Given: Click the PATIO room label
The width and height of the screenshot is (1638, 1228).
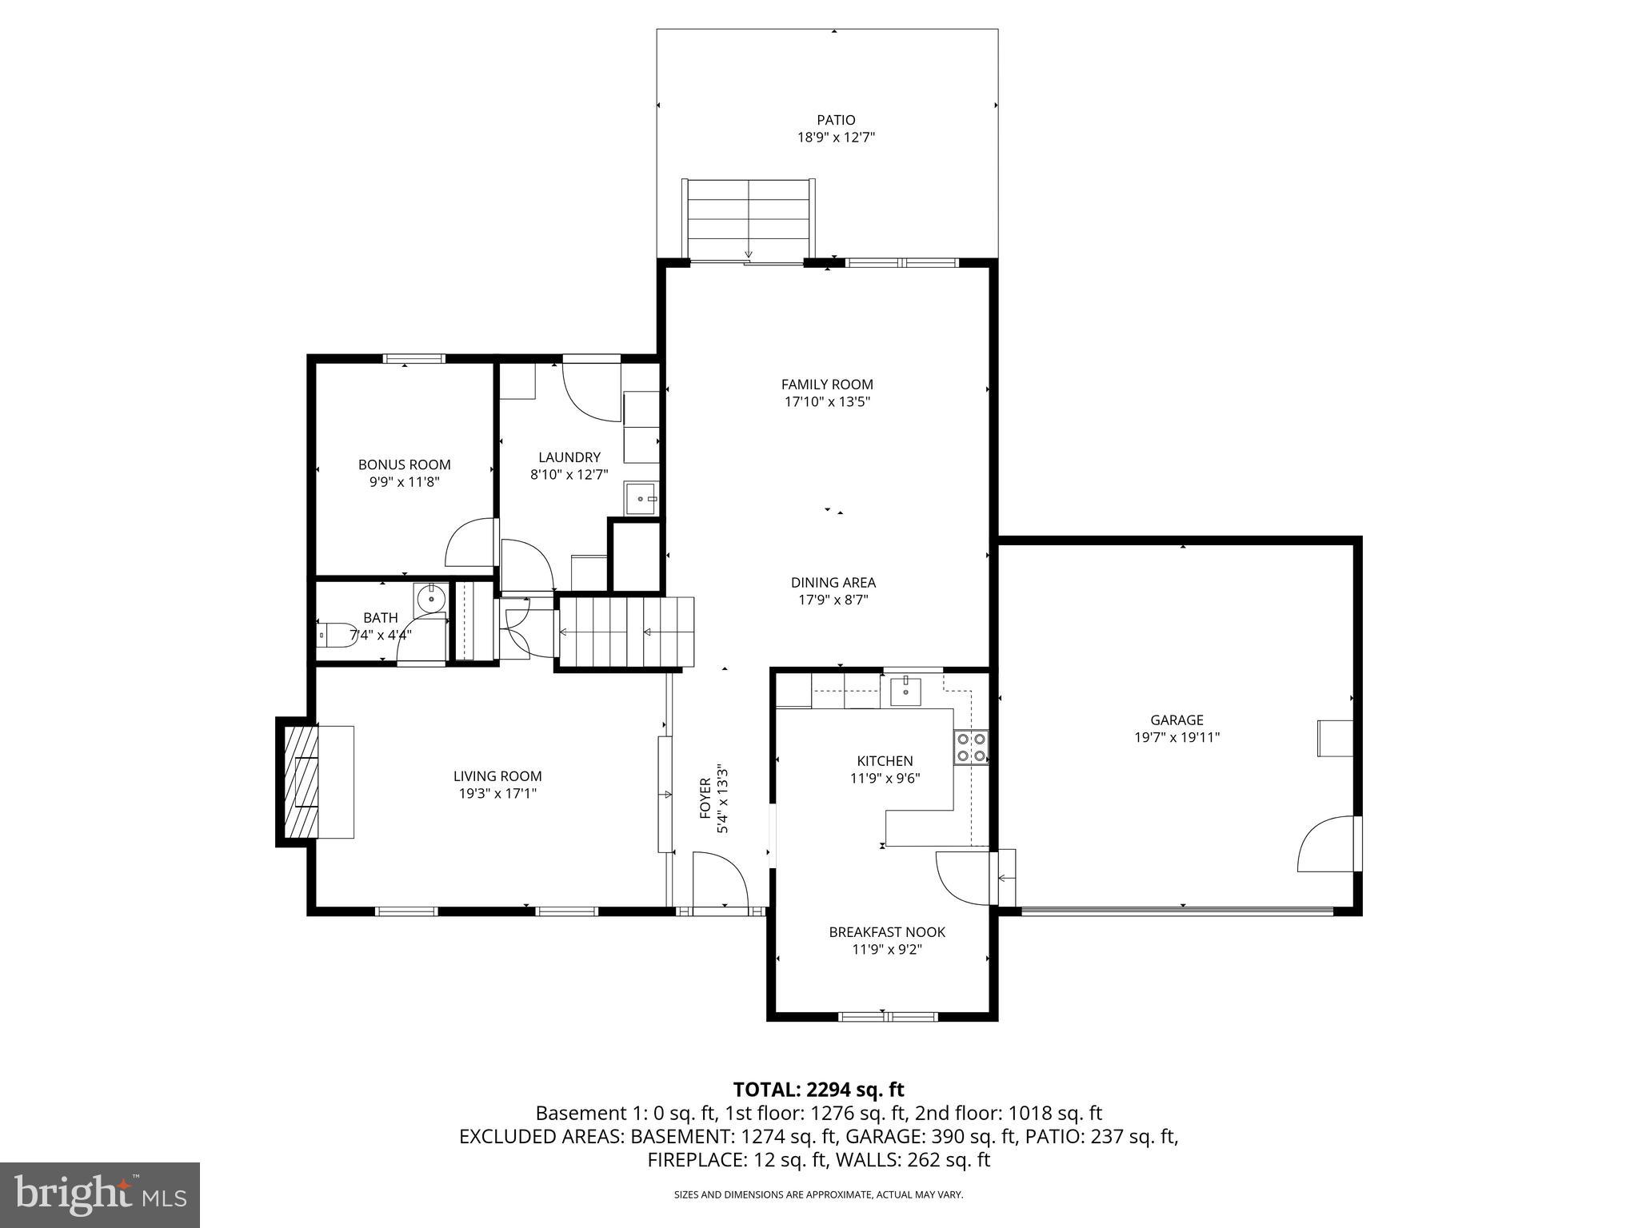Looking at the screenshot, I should coord(836,120).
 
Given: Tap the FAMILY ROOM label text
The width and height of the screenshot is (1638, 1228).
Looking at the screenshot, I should coord(827,385).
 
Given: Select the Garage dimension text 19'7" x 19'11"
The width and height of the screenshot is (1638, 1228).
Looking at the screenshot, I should coord(1177,737).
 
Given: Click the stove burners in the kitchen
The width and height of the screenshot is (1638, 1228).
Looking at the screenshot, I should coord(970,747).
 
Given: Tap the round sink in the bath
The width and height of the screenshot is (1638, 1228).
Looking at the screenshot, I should coord(430,597).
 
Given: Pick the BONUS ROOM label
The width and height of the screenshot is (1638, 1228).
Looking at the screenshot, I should coord(404,464).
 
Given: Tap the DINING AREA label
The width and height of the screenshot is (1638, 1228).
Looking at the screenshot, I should coord(833,583).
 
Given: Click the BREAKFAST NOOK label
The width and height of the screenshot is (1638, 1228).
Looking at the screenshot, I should coord(887,932).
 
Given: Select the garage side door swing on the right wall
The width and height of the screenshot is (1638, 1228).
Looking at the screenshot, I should coord(1327,844).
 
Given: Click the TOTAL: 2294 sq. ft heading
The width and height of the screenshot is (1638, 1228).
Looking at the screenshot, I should coord(818,1089).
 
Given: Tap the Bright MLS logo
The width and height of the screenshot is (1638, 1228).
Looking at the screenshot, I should coord(100,1194).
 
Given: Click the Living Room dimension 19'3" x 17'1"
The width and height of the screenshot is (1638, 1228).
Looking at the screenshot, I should coord(497,793).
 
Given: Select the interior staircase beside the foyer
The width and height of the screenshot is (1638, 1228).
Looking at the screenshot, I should coord(625,632).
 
